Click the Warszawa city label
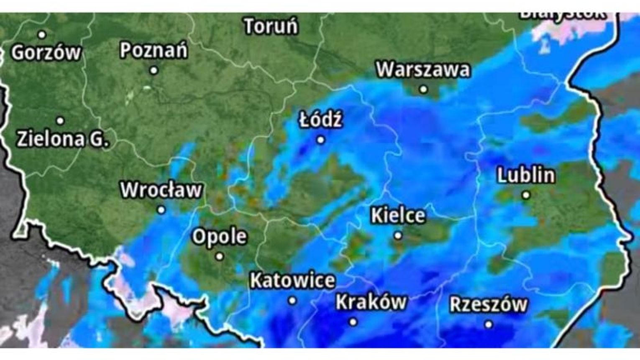click(x=422, y=69)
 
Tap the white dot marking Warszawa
click(x=423, y=89)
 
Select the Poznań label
click(x=154, y=51)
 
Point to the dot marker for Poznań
click(x=154, y=70)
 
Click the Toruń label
click(x=271, y=26)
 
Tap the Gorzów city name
click(x=46, y=53)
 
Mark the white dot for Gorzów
click(x=42, y=34)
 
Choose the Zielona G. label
click(x=63, y=139)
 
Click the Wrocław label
click(x=161, y=190)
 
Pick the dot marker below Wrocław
click(x=161, y=210)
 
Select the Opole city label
click(x=219, y=237)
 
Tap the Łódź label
click(x=321, y=120)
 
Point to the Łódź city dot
click(x=320, y=140)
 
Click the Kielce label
click(x=398, y=216)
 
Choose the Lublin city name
click(x=526, y=175)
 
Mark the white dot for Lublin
click(x=526, y=195)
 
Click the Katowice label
click(x=292, y=280)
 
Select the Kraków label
click(x=371, y=302)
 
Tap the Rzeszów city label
click(x=488, y=304)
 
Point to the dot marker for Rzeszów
click(x=488, y=324)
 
